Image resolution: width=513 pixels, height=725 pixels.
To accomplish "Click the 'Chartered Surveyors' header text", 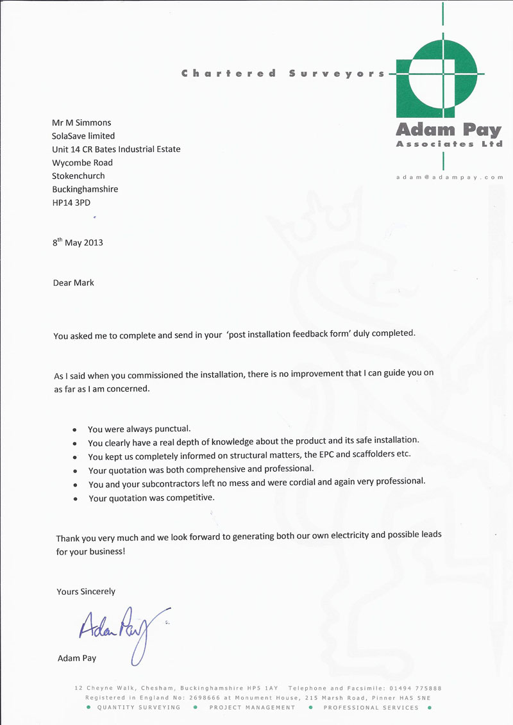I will [283, 73].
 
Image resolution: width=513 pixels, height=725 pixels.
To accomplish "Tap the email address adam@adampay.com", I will [450, 176].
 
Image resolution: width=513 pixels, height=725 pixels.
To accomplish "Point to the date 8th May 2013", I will [78, 242].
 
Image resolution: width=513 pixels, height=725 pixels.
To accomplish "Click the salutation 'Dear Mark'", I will [73, 283].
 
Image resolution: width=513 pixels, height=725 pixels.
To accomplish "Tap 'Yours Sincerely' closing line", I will [86, 592].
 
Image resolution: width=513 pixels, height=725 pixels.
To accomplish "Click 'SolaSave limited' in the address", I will [83, 136].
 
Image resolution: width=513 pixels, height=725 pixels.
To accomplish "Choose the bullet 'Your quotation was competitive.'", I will [151, 498].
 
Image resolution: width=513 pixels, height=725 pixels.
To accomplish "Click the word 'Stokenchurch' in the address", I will [78, 176].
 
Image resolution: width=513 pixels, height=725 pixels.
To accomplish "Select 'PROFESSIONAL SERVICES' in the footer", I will [371, 708].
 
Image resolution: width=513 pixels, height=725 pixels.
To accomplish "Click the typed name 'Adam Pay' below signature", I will [77, 658].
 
